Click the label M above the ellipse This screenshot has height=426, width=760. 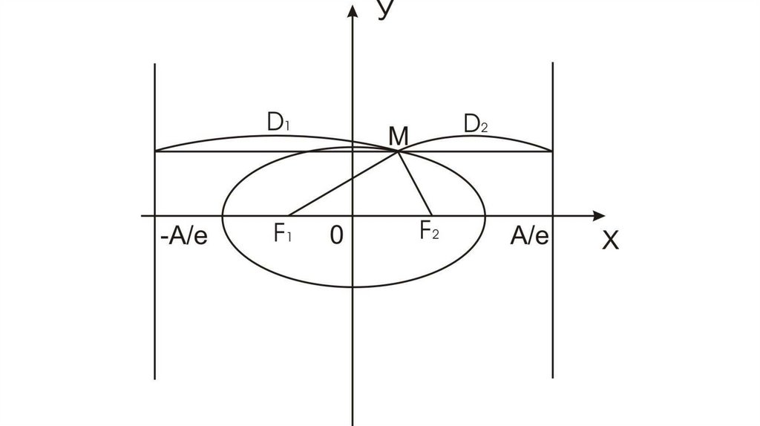tap(399, 136)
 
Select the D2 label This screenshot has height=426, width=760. tap(476, 124)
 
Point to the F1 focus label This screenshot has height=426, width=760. tap(283, 235)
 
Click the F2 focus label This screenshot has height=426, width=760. tap(430, 232)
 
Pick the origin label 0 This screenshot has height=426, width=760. tap(336, 235)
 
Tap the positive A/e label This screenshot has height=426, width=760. tap(530, 236)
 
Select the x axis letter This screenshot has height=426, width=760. tap(610, 239)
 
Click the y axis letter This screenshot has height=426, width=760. tap(384, 8)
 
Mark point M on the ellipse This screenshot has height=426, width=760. tap(399, 151)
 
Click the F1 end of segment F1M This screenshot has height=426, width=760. tap(287, 216)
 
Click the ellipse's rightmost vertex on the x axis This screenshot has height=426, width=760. tap(485, 216)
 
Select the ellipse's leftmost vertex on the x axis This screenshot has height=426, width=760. tap(223, 216)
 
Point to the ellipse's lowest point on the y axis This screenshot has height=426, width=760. tap(352, 286)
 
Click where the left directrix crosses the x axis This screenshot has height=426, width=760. tap(154, 216)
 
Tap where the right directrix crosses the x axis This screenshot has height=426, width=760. tap(553, 216)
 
